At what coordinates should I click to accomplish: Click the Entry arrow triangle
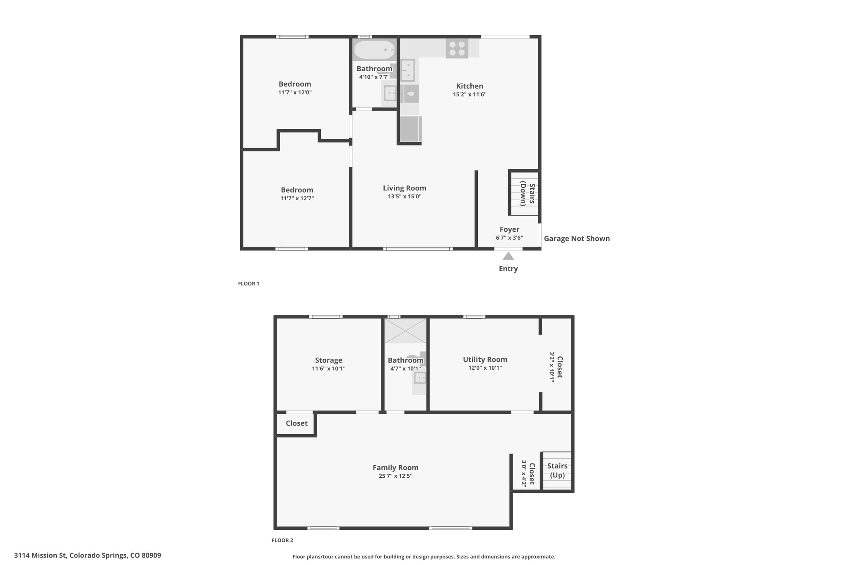pyautogui.click(x=508, y=256)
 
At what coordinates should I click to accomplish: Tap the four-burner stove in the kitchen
pyautogui.click(x=457, y=48)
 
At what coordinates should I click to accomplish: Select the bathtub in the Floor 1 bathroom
pyautogui.click(x=374, y=50)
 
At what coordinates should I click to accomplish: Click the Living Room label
pyautogui.click(x=405, y=188)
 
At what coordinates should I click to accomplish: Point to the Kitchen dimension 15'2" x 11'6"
pyautogui.click(x=470, y=94)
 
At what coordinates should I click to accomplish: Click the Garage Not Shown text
pyautogui.click(x=577, y=238)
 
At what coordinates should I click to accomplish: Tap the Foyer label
pyautogui.click(x=509, y=229)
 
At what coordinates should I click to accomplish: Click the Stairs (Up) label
pyautogui.click(x=557, y=470)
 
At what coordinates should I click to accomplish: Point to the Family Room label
pyautogui.click(x=395, y=467)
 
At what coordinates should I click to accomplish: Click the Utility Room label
pyautogui.click(x=485, y=359)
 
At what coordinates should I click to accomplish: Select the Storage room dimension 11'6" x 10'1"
pyautogui.click(x=329, y=368)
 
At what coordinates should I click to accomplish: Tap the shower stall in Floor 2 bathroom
pyautogui.click(x=405, y=331)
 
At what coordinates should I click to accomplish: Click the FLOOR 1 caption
pyautogui.click(x=248, y=284)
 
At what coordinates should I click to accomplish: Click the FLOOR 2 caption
pyautogui.click(x=282, y=540)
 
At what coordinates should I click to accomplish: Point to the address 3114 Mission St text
pyautogui.click(x=40, y=555)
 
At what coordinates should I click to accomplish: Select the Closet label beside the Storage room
pyautogui.click(x=296, y=423)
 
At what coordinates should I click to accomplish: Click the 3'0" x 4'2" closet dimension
pyautogui.click(x=524, y=473)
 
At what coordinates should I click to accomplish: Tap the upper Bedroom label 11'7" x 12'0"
pyautogui.click(x=295, y=88)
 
